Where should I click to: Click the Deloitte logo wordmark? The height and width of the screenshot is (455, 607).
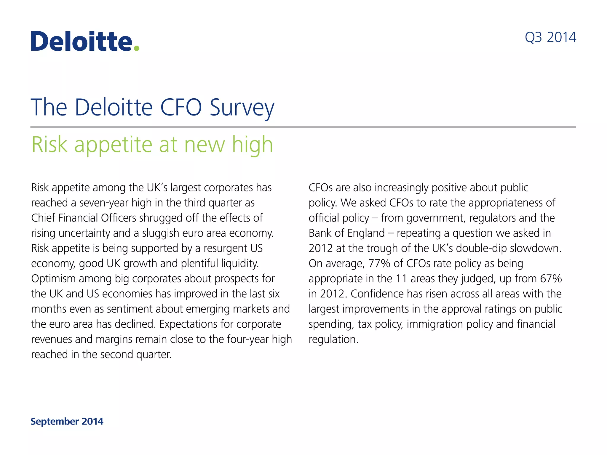tap(82, 41)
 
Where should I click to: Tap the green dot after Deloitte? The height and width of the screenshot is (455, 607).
tap(136, 48)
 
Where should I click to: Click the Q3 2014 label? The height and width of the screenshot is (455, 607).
tap(550, 38)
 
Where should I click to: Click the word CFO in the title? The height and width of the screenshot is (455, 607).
tap(181, 107)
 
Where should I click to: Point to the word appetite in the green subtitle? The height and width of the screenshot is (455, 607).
tap(113, 145)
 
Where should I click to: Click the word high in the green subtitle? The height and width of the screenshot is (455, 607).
tap(252, 145)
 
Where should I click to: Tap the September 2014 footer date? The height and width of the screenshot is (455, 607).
tap(67, 421)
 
